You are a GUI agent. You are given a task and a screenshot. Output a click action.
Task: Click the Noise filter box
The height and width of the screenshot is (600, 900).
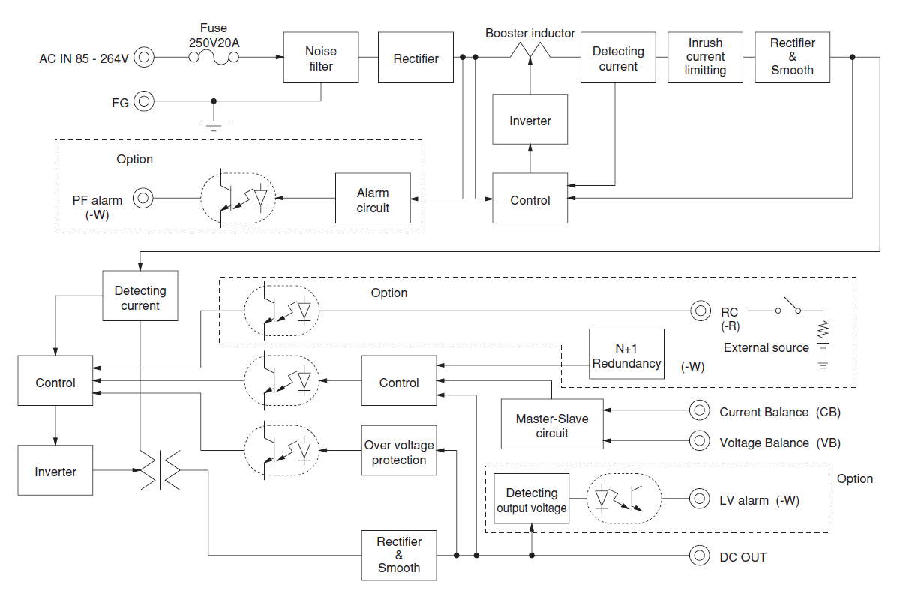[x=321, y=58]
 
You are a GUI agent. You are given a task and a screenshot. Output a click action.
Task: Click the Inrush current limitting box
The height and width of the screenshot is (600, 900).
[x=705, y=58]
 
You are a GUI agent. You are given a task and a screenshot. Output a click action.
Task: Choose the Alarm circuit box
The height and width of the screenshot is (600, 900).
[x=373, y=198]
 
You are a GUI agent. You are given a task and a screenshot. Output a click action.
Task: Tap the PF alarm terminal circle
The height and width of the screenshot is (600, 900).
[x=142, y=198]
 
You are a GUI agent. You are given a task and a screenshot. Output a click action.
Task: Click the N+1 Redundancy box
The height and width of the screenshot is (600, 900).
[x=626, y=354]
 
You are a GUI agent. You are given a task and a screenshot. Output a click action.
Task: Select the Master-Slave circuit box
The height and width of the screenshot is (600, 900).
[x=552, y=424]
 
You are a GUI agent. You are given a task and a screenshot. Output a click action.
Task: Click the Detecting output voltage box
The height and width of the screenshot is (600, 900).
[x=531, y=499]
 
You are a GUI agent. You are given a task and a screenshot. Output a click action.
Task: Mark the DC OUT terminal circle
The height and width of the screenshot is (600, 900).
[x=700, y=556]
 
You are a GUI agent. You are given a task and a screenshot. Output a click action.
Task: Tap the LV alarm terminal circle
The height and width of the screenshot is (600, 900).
[x=700, y=498]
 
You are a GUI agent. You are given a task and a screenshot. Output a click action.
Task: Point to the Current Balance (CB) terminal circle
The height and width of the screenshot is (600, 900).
[x=700, y=410]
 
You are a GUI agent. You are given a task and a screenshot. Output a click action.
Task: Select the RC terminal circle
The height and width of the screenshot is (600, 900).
[x=700, y=310]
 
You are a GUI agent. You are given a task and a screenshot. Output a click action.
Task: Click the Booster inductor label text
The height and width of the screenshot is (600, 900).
[x=529, y=33]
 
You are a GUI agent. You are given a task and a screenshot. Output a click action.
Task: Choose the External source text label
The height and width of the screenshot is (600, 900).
[x=766, y=347]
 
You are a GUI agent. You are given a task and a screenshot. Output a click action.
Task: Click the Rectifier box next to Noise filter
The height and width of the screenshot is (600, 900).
[x=415, y=58]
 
